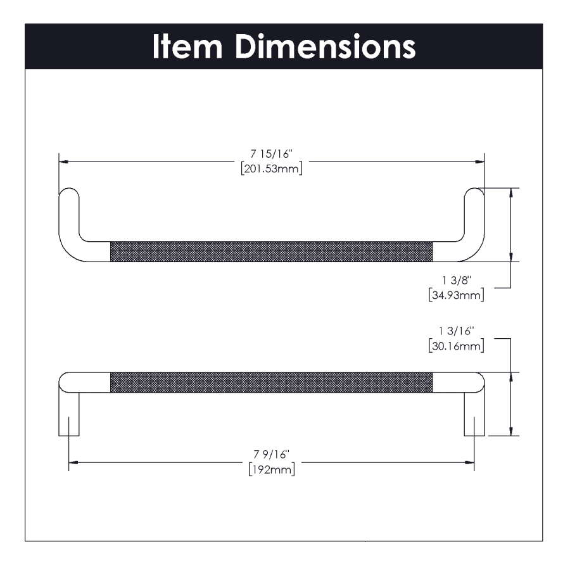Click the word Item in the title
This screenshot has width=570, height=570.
(187, 46)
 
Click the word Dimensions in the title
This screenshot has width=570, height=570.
(326, 46)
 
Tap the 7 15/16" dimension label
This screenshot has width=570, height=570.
(271, 154)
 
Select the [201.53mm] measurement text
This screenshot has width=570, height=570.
(272, 168)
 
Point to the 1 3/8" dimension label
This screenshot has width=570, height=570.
(457, 281)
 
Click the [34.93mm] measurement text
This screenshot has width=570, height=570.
(456, 294)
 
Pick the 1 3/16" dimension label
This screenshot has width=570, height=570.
(456, 331)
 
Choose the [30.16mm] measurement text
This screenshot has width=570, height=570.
(456, 346)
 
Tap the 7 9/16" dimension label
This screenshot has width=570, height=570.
(271, 454)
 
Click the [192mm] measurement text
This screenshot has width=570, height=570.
(272, 469)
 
